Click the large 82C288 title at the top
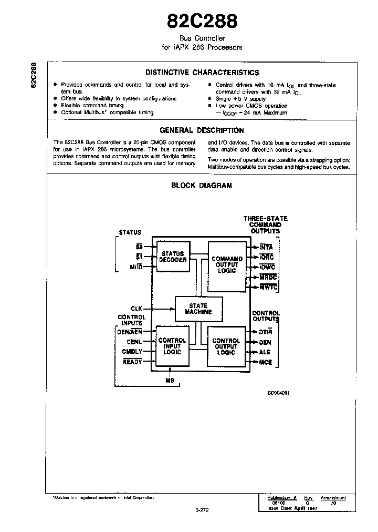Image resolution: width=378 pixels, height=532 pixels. [202, 21]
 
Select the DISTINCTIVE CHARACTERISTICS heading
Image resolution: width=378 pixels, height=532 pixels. [202, 73]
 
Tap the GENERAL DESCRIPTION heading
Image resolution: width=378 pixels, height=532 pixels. [202, 130]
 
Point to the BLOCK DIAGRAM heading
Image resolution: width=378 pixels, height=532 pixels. [202, 186]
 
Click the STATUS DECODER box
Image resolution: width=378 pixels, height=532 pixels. [172, 257]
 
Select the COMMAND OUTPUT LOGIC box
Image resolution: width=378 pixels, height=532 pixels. [227, 264]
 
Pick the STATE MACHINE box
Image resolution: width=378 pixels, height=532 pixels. [198, 309]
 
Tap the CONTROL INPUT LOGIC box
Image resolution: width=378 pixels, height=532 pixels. [172, 346]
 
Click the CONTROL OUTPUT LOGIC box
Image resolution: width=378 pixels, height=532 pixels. [226, 346]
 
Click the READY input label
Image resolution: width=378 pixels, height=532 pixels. [133, 362]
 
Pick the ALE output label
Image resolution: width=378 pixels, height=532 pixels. [265, 353]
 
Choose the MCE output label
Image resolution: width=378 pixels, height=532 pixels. [265, 363]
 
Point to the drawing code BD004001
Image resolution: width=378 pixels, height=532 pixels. [278, 393]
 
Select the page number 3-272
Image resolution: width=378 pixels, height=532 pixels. [202, 509]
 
